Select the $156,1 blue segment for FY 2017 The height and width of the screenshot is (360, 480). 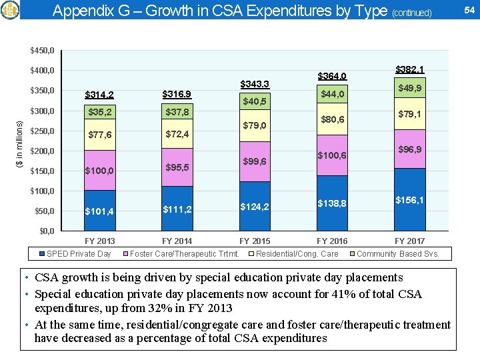click(x=409, y=200)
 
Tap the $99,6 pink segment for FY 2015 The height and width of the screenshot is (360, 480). click(x=255, y=162)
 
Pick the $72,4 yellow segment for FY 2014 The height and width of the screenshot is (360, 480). click(x=177, y=135)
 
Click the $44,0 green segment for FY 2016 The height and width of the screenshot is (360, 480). click(x=332, y=95)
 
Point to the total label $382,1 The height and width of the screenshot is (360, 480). click(x=409, y=69)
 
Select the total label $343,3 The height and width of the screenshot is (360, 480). click(x=255, y=83)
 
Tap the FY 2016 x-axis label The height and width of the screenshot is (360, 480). click(x=332, y=241)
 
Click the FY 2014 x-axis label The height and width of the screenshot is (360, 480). click(x=177, y=241)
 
